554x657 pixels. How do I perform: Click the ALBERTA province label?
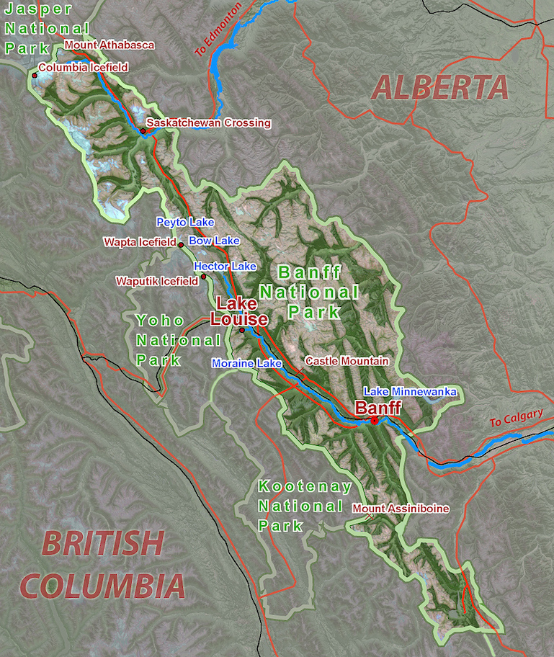pyautogui.click(x=440, y=88)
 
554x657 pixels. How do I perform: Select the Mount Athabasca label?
pyautogui.click(x=110, y=45)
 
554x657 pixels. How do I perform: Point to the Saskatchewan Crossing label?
pyautogui.click(x=208, y=123)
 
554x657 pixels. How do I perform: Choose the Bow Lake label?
pyautogui.click(x=214, y=241)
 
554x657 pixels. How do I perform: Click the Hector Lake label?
pyautogui.click(x=225, y=267)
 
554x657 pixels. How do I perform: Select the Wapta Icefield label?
pyautogui.click(x=140, y=243)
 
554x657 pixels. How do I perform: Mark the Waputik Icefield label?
pyautogui.click(x=156, y=281)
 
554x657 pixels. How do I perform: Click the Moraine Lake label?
pyautogui.click(x=246, y=364)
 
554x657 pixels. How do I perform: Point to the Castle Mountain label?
pyautogui.click(x=347, y=360)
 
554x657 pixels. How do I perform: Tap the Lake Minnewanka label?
pyautogui.click(x=410, y=391)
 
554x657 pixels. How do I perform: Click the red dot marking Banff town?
pyautogui.click(x=375, y=420)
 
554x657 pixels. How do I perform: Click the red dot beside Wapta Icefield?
pyautogui.click(x=180, y=244)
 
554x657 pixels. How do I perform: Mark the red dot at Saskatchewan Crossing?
pyautogui.click(x=143, y=131)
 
